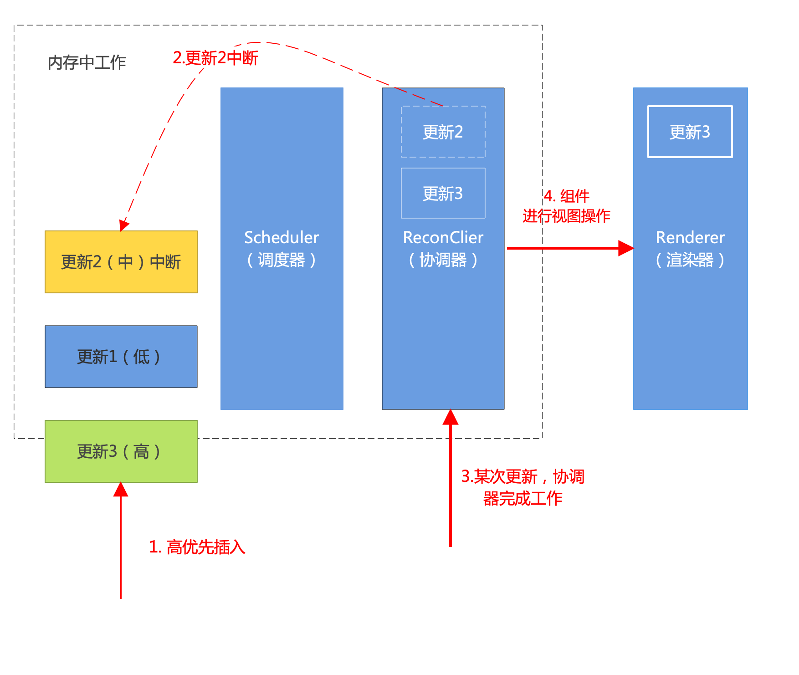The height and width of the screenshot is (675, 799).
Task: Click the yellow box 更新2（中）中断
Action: (x=121, y=262)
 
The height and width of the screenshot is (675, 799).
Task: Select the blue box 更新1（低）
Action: (x=121, y=357)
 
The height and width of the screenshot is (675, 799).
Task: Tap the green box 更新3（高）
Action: (x=121, y=451)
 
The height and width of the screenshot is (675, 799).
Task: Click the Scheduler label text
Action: (x=282, y=237)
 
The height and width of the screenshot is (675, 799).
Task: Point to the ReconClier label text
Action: (x=443, y=237)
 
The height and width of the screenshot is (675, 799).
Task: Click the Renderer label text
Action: (x=690, y=237)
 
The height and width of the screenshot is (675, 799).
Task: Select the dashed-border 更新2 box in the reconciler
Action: (x=443, y=132)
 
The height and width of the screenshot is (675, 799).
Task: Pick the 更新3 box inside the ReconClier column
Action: (x=443, y=194)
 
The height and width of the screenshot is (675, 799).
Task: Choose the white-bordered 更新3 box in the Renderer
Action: (x=690, y=132)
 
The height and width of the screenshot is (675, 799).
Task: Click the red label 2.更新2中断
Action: (x=215, y=58)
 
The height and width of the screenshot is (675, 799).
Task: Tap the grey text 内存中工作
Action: (x=87, y=63)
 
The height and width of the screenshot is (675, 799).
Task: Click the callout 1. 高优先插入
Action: (x=197, y=547)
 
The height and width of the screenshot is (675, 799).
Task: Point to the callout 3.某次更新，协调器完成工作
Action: (x=522, y=487)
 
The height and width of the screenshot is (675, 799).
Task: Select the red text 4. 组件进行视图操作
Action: (x=566, y=206)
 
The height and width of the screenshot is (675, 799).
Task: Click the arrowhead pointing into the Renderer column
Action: (x=626, y=248)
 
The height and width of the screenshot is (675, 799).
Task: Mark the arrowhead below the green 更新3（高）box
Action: (x=121, y=490)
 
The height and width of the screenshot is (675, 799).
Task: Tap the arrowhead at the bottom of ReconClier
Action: (x=451, y=417)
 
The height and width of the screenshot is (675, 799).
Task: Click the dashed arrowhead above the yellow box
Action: (x=124, y=225)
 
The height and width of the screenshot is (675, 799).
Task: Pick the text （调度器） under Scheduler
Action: (x=282, y=260)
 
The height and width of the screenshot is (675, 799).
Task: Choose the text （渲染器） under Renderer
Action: (x=690, y=260)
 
